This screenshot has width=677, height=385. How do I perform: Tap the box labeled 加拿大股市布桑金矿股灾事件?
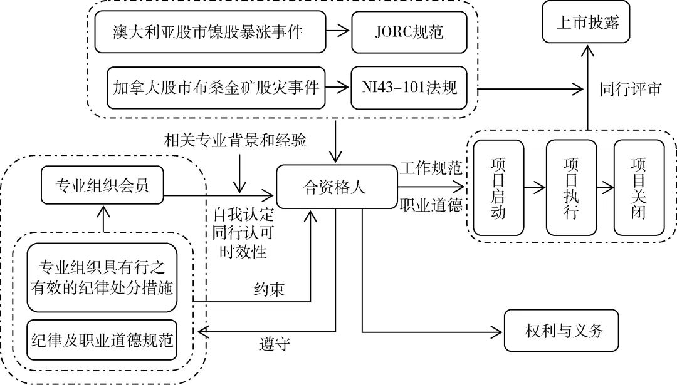(x=217, y=87)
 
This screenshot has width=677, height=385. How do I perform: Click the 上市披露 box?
(x=587, y=23)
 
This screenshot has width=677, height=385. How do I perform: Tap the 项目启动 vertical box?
(x=498, y=188)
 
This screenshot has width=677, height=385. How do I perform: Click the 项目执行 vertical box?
(x=570, y=188)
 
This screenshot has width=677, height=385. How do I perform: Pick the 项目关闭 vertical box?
(x=638, y=188)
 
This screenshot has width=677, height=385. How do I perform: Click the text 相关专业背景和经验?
(x=236, y=139)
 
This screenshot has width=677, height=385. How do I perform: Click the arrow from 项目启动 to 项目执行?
(x=535, y=187)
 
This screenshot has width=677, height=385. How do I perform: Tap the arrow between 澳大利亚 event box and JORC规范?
(x=340, y=31)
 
